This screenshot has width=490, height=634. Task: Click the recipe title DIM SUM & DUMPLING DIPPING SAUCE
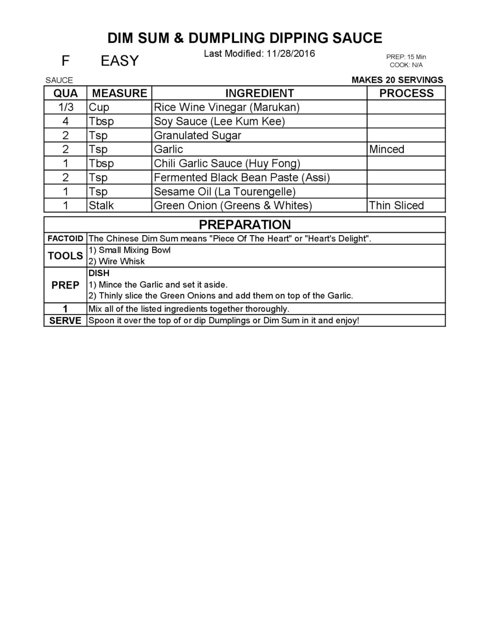245,38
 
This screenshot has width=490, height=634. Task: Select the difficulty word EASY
119,61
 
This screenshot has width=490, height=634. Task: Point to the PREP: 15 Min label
406,57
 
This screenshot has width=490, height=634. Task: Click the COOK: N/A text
406,65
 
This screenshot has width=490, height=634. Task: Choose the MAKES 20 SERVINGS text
397,80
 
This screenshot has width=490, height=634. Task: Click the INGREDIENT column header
259,93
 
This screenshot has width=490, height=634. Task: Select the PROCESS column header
406,93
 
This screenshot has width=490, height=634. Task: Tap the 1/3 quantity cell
66,107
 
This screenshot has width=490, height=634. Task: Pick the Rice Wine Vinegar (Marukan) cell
227,107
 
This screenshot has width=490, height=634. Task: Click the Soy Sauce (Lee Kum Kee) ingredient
219,121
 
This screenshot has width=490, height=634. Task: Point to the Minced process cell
387,149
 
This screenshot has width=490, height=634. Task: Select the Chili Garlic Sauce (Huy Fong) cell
227,163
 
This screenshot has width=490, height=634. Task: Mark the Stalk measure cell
101,205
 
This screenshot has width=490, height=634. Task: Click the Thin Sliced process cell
396,205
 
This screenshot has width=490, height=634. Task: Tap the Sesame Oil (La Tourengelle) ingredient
224,191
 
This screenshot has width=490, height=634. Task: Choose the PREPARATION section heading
245,225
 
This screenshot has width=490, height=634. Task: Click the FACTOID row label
65,239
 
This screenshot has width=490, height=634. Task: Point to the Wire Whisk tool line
117,261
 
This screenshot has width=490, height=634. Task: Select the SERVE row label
65,320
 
